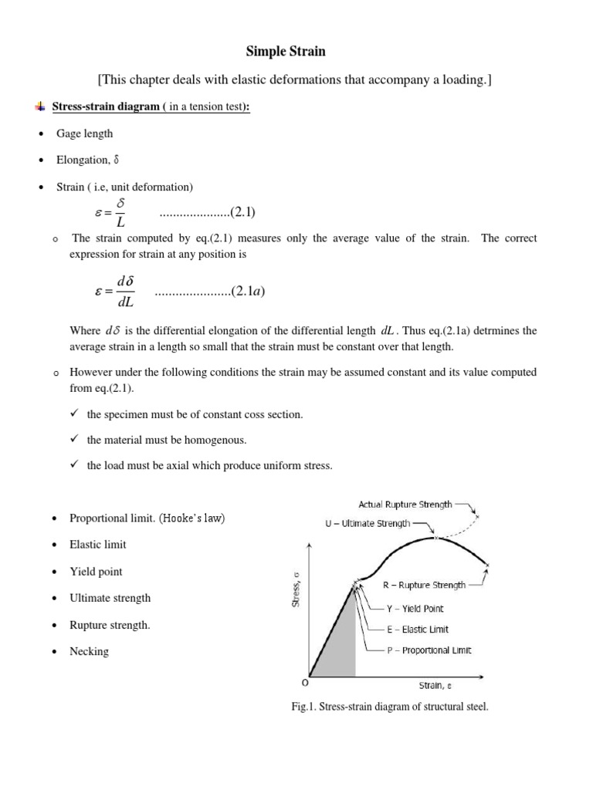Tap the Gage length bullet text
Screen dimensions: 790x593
(84, 133)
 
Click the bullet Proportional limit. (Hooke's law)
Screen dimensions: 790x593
(147, 518)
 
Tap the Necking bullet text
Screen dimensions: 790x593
(89, 651)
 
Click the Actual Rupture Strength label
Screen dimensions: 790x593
(405, 504)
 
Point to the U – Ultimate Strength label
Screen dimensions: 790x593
(368, 522)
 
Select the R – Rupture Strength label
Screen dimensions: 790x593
(424, 585)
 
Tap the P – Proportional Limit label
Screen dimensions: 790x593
(429, 650)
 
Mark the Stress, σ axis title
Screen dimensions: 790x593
(295, 596)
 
